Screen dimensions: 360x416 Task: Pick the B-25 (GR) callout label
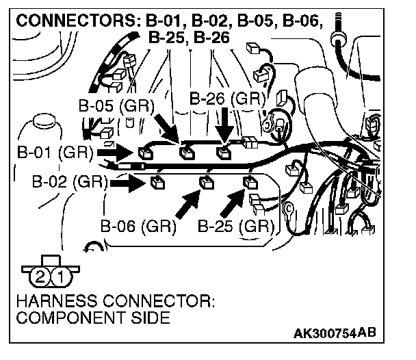(x=235, y=227)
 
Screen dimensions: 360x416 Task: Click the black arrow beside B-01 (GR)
(x=115, y=151)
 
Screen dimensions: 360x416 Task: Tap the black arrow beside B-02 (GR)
(x=127, y=182)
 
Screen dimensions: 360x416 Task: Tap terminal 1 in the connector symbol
(x=60, y=277)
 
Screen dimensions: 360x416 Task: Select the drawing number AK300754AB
(x=335, y=335)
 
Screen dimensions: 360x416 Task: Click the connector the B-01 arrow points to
(x=146, y=152)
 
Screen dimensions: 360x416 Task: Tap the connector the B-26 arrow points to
(x=223, y=152)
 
